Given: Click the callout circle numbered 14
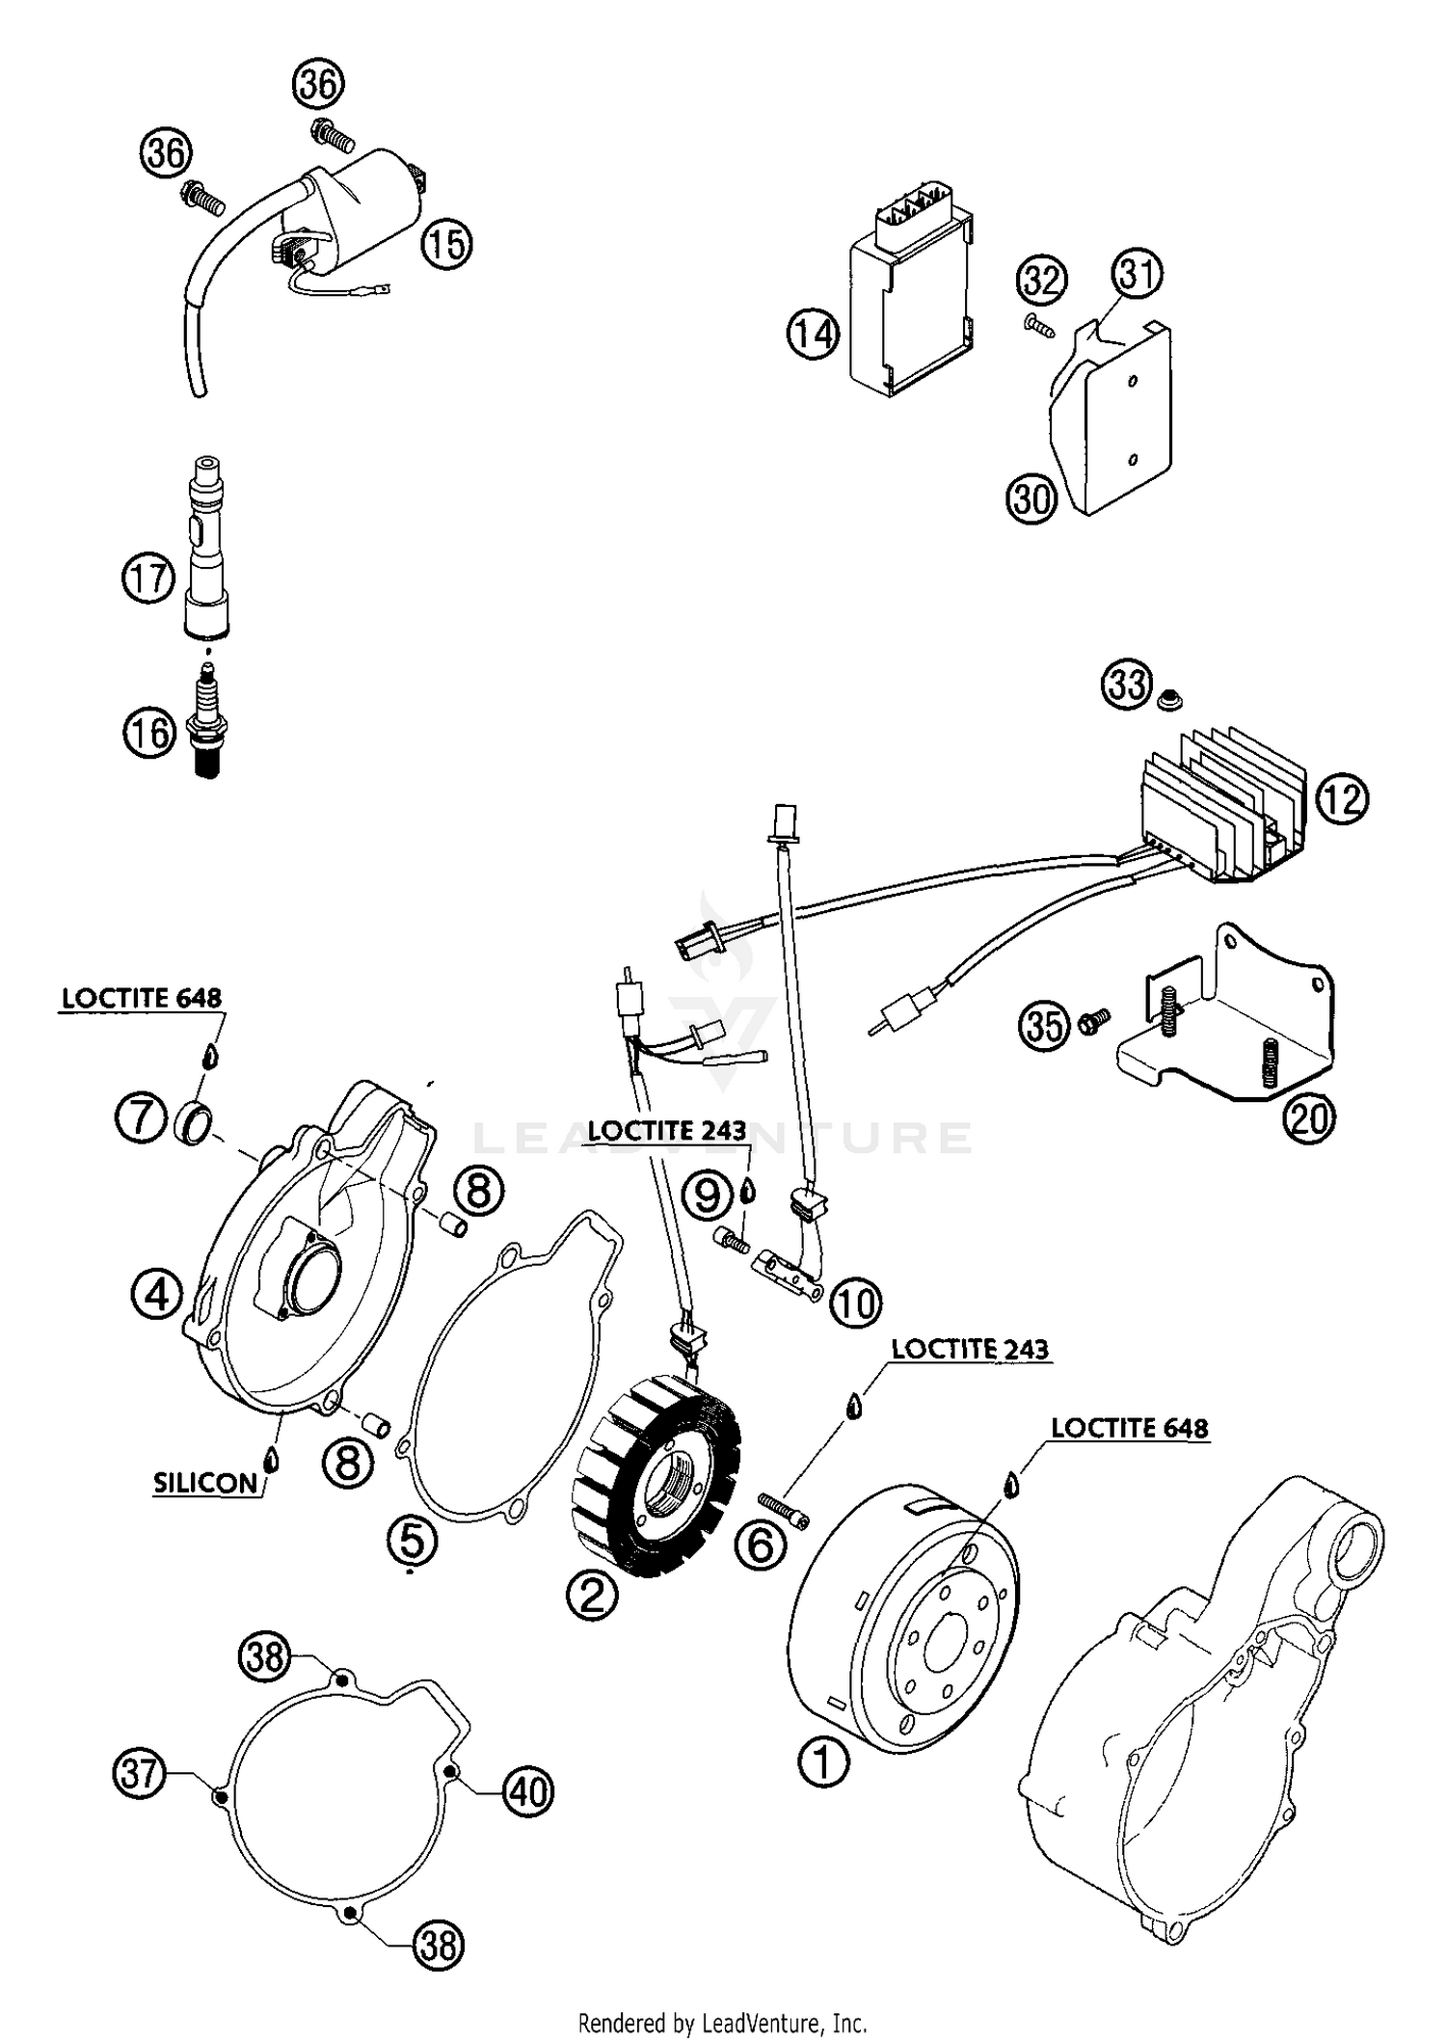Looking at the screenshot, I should (812, 334).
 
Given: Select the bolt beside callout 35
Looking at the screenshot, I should (1093, 1021).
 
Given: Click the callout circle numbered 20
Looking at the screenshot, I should (1308, 1118).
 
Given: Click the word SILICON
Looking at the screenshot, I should (205, 1483).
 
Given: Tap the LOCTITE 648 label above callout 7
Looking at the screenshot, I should (142, 999).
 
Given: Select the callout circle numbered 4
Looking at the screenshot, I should (157, 1295).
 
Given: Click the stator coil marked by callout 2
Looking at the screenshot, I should (665, 1484).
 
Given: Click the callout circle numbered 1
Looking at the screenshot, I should (823, 1761).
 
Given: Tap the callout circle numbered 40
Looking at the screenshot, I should (528, 1791).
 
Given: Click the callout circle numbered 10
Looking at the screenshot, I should (855, 1304).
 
